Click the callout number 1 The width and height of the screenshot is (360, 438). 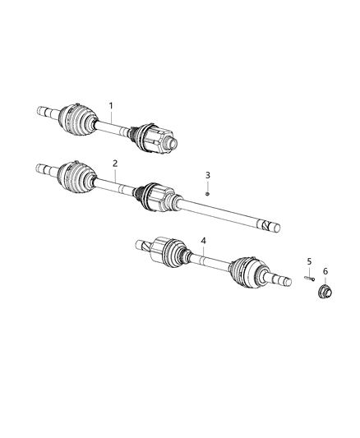point(111,106)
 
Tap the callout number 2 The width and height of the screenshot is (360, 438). point(115,164)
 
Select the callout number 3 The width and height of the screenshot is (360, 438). point(208,176)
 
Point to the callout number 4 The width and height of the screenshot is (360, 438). point(204,241)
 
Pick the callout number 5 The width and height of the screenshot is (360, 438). point(309,261)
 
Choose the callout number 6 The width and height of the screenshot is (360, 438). point(325,271)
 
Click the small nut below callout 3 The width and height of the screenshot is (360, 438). point(208,191)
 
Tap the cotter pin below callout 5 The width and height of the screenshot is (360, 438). point(308,279)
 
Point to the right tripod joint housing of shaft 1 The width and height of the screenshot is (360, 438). point(159,137)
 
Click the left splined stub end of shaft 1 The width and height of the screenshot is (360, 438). point(42,108)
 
